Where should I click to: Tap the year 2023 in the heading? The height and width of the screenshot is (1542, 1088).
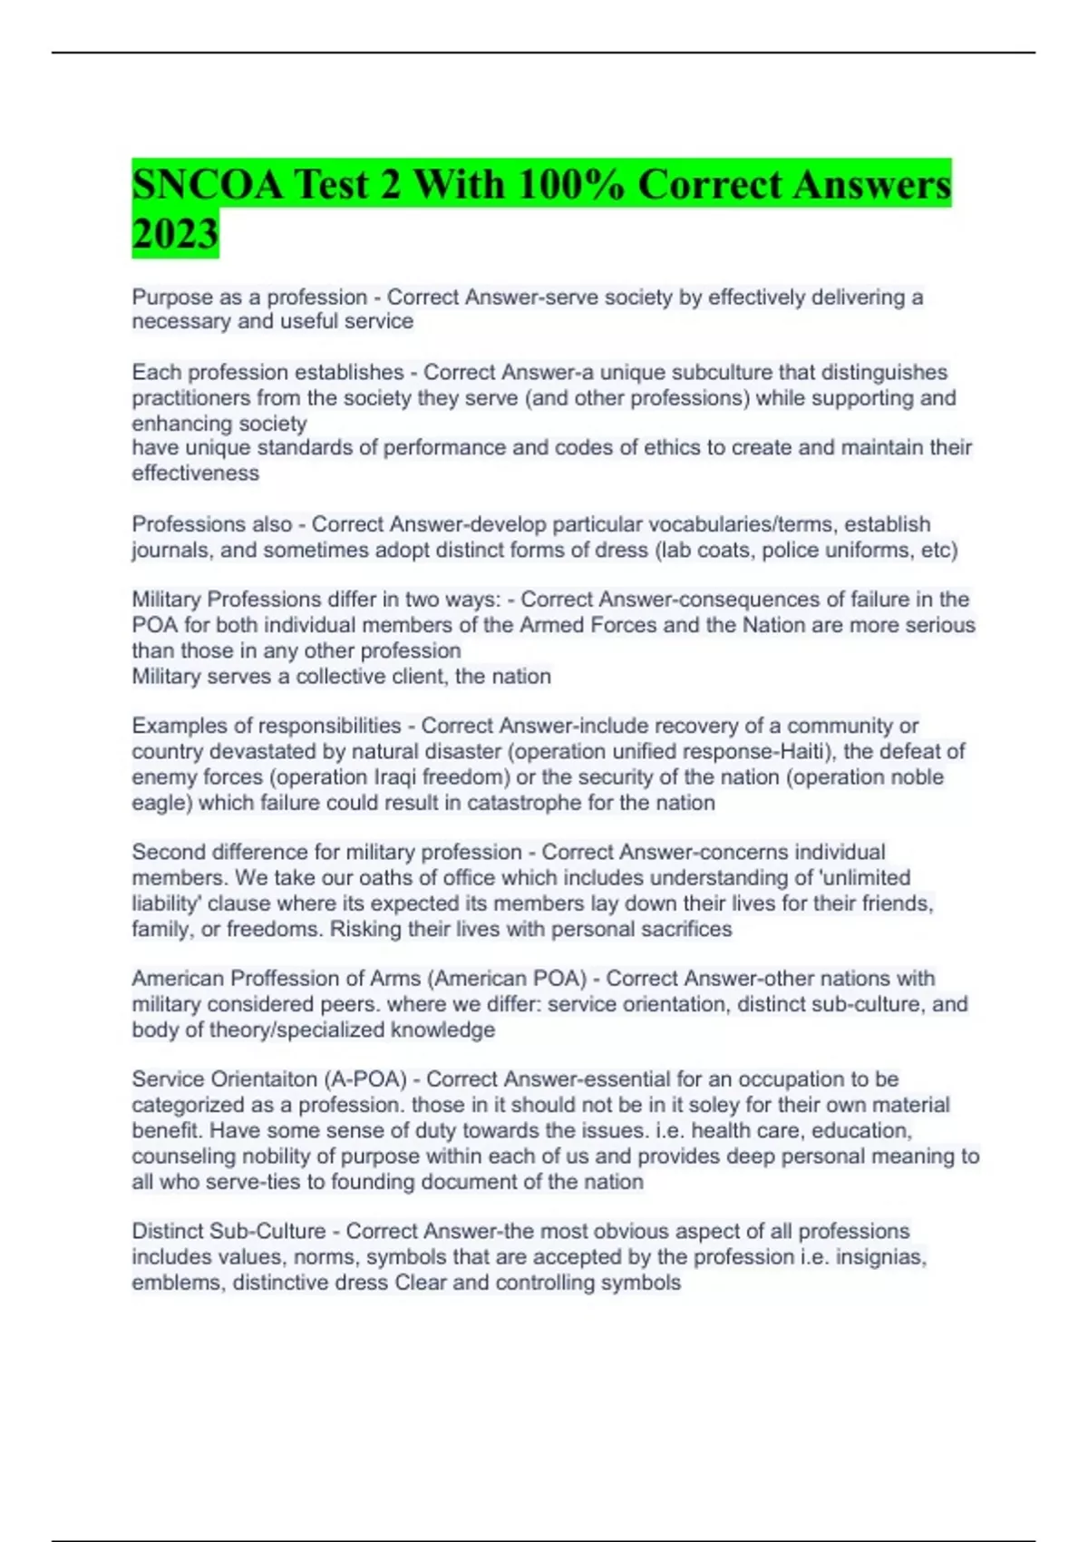tap(175, 234)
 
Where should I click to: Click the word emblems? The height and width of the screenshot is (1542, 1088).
tap(178, 1283)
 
